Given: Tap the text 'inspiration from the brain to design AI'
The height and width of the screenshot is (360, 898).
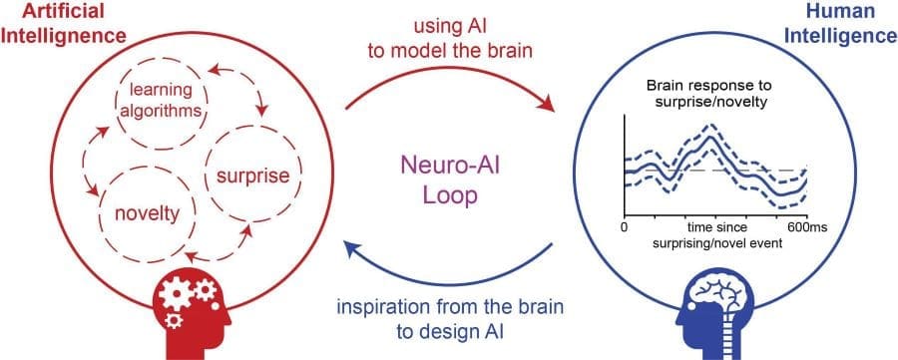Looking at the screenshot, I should pyautogui.click(x=449, y=319).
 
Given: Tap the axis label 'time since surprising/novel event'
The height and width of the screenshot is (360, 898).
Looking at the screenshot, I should pyautogui.click(x=714, y=235).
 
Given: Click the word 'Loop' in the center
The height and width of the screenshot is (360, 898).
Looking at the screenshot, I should pyautogui.click(x=449, y=196).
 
